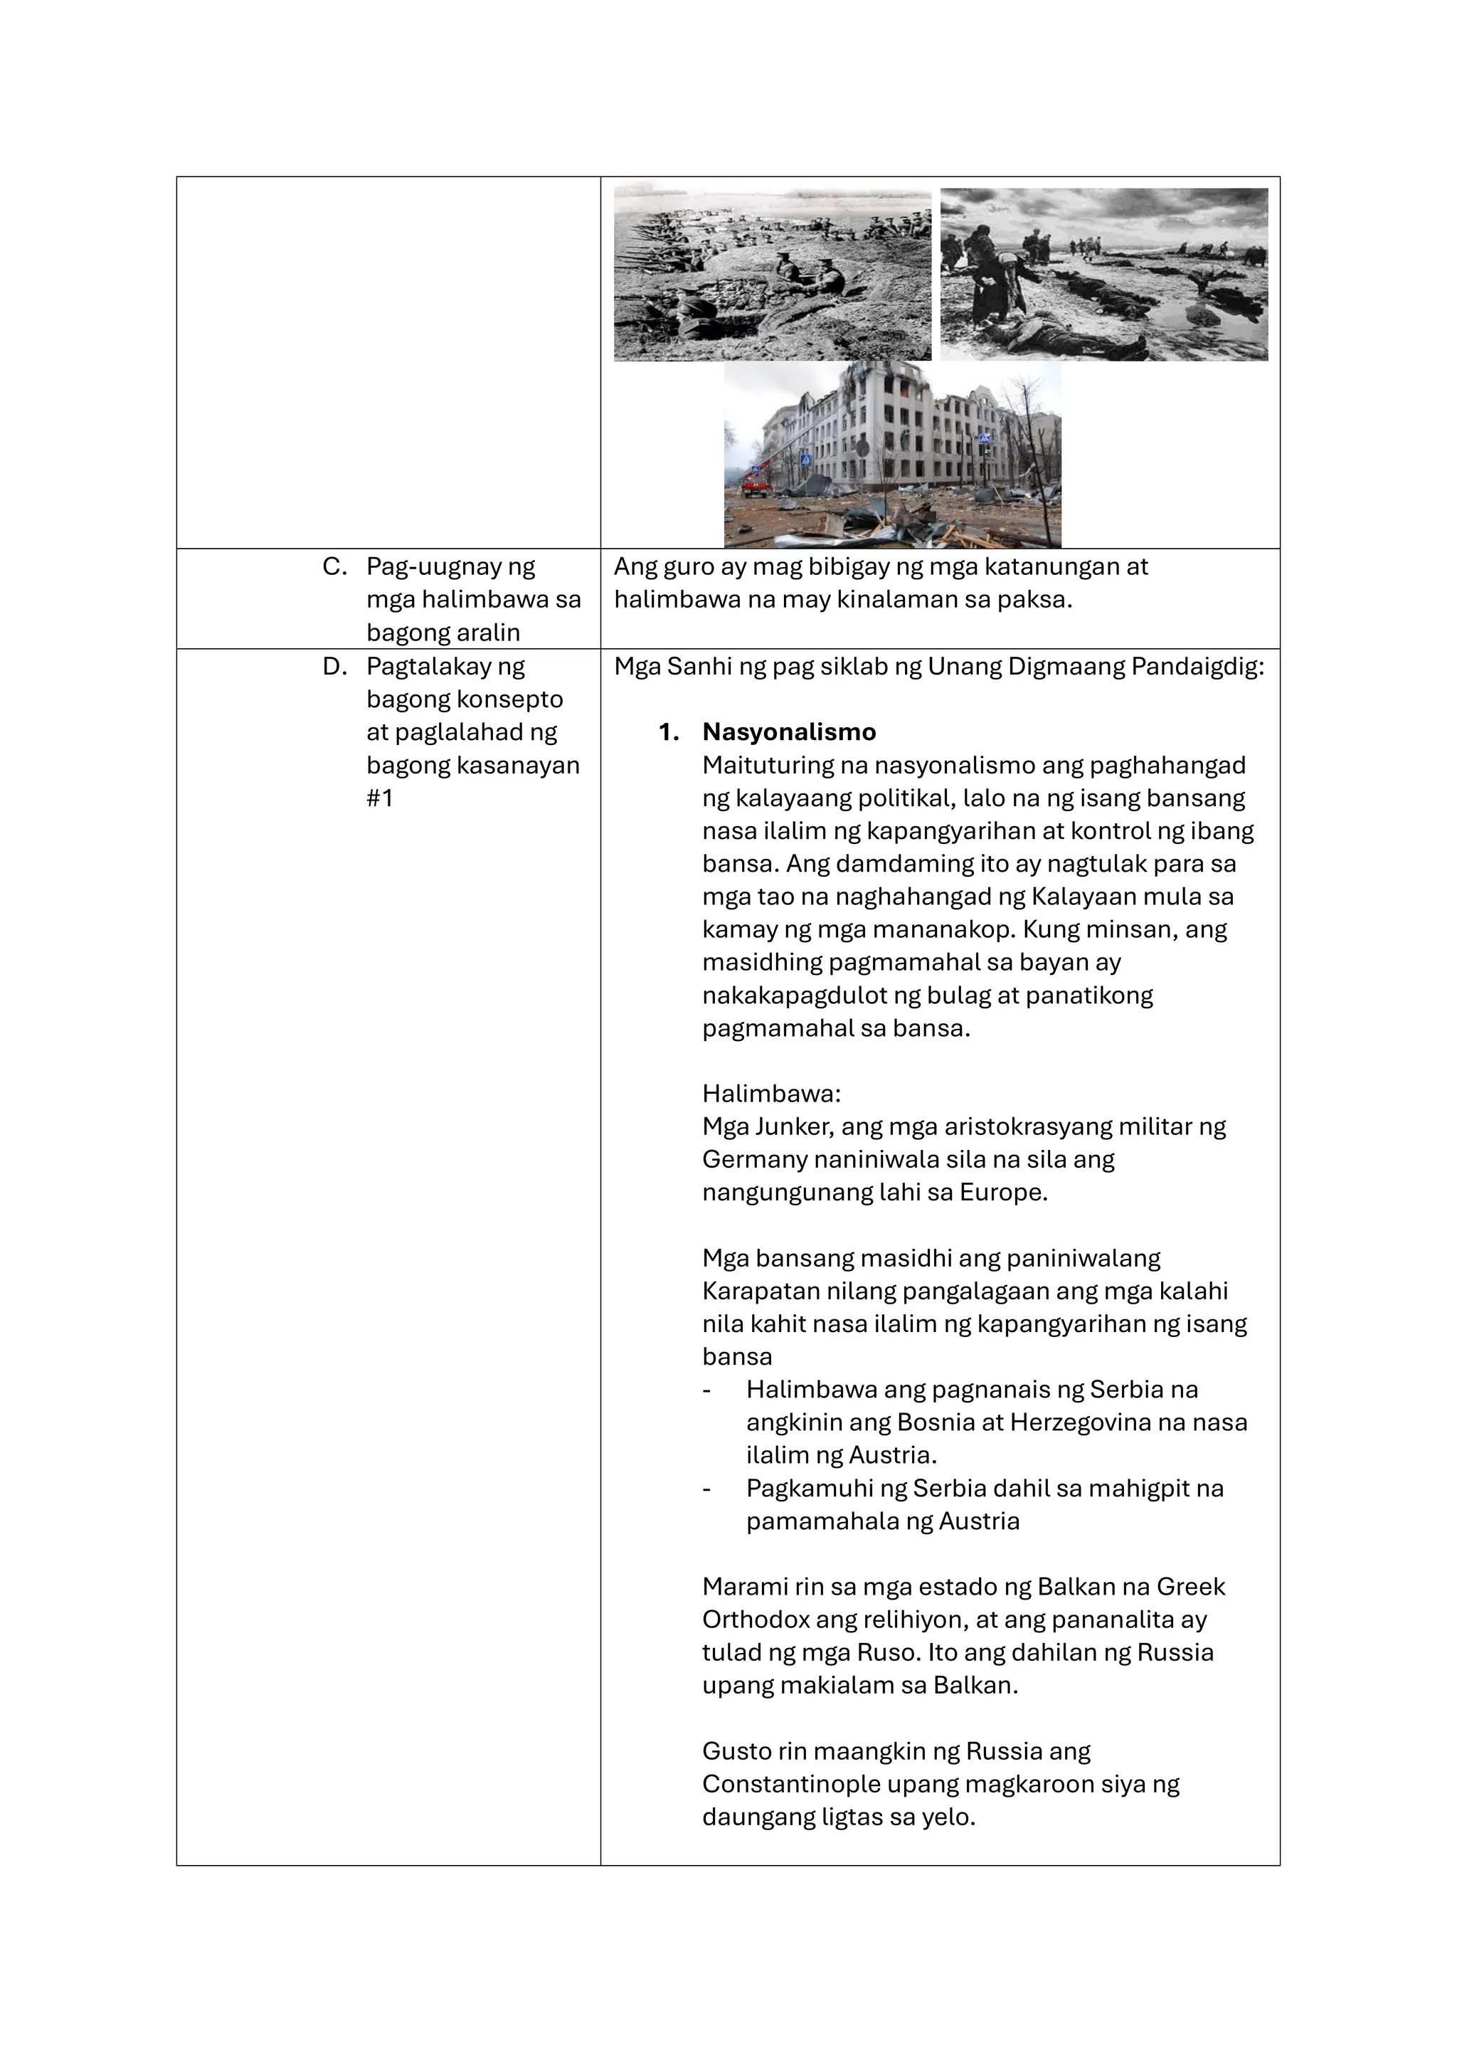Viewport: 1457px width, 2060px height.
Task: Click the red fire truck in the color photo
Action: pos(756,487)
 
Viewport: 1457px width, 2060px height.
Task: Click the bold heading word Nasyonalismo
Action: pos(788,732)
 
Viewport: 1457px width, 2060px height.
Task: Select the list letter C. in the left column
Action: pos(334,567)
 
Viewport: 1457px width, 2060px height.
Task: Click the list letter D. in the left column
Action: pos(334,667)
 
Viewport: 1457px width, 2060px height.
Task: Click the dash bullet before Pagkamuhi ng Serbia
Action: pos(707,1489)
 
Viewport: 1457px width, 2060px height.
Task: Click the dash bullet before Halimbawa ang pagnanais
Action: pos(707,1390)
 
